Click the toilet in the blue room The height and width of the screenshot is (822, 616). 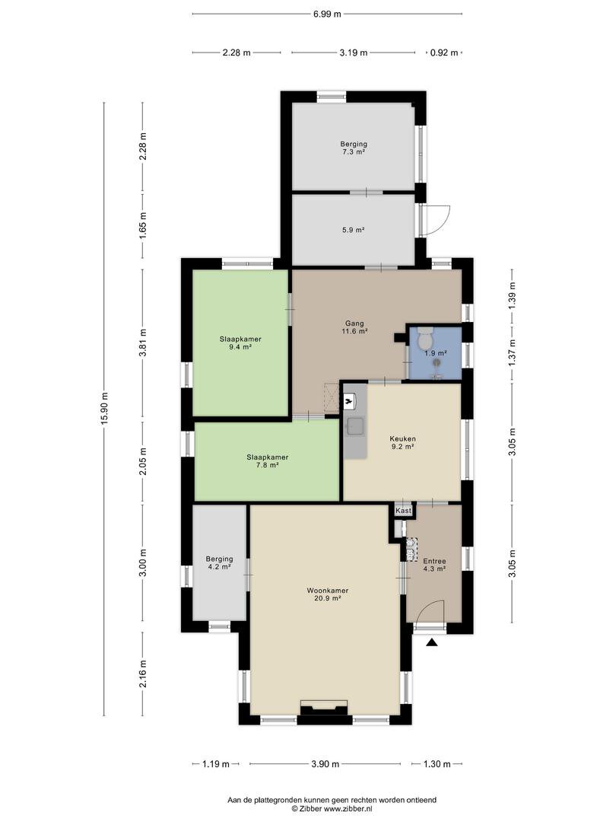[425, 338]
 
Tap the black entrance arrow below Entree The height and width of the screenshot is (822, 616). [432, 642]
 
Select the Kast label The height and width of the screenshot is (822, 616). [403, 510]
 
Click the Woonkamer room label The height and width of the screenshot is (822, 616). [327, 591]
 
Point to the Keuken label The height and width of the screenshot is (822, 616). [402, 439]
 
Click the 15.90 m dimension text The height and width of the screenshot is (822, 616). [104, 409]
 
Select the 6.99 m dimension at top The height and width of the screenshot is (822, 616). [327, 14]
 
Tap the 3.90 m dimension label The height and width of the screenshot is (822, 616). [325, 764]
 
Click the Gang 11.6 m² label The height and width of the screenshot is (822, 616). [354, 327]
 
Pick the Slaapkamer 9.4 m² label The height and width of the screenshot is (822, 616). [240, 342]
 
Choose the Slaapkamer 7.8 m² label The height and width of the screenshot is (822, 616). [267, 460]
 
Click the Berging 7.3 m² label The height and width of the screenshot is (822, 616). [354, 148]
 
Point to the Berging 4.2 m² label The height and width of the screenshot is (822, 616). [219, 562]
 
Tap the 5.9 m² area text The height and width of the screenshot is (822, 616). [353, 230]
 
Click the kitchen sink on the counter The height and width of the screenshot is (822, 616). [354, 426]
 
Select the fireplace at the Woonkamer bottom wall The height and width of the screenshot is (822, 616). [324, 707]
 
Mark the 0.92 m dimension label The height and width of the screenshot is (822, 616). [444, 53]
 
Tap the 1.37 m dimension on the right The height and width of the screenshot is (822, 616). [513, 352]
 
